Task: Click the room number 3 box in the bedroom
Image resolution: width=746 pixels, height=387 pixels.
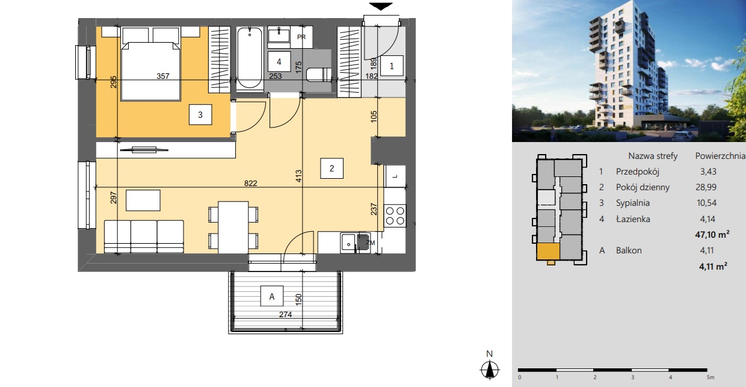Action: pos(200,114)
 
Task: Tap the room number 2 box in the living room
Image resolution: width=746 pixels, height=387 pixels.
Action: pos(331,168)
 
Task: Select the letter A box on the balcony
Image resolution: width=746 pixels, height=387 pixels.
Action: pos(272,296)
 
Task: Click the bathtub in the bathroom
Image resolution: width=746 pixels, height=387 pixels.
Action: pos(250,58)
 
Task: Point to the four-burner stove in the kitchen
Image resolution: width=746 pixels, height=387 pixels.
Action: pos(395,216)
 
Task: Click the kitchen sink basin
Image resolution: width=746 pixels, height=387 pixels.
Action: pos(348,243)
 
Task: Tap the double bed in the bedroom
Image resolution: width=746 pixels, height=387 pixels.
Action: pos(151,71)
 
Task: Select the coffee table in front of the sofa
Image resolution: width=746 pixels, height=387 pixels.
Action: pos(143,200)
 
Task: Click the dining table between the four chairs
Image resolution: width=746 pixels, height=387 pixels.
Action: pos(233,227)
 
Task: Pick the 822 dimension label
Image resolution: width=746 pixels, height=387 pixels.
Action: pos(250,183)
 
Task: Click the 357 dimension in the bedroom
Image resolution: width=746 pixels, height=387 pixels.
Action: pos(163,76)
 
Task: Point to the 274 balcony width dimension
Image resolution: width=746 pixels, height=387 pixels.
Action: pos(285,314)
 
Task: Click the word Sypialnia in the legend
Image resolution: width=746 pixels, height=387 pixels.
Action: pos(633,203)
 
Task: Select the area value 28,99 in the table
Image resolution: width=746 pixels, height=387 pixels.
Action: pos(706,187)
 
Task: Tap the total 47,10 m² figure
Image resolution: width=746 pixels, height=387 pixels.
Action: pos(712,234)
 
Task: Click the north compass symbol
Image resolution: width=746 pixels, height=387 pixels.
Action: pos(490,370)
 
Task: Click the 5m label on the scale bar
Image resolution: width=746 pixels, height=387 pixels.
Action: pos(711,377)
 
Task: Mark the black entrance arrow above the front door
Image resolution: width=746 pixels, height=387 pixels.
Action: pos(381,7)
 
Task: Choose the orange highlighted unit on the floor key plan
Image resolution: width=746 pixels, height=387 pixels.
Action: pos(548,252)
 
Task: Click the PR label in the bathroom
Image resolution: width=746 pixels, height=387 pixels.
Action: pos(301,37)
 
